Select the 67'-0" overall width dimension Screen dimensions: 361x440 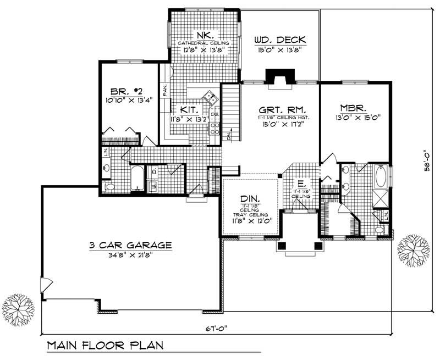pos(216,329)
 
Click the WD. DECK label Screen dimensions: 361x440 pos(280,40)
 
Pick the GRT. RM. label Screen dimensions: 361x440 pos(280,108)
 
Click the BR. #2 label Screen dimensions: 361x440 pos(124,91)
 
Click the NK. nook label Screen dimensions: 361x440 pos(202,33)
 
